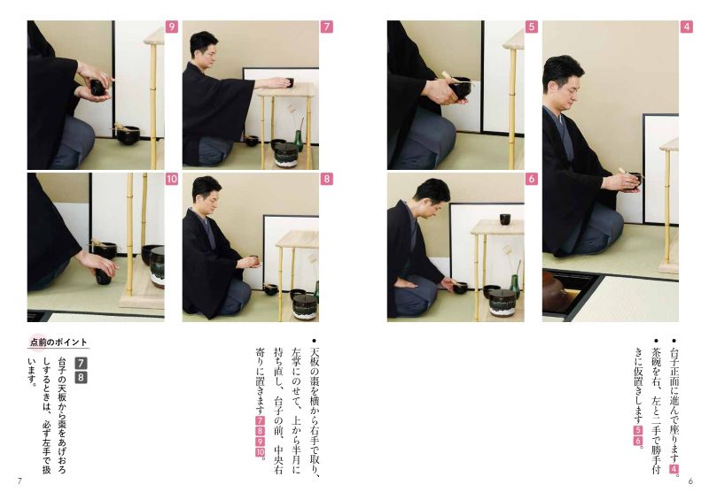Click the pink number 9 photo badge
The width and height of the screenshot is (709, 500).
click(x=171, y=27)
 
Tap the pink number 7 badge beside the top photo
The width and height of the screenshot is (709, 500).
click(x=326, y=27)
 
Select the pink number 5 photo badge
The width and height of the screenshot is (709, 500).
click(x=531, y=27)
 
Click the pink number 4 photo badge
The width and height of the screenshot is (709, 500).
click(x=686, y=27)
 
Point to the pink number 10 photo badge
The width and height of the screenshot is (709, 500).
click(x=171, y=179)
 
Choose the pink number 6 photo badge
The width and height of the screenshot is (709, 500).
click(x=531, y=179)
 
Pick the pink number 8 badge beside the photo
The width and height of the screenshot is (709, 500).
click(x=326, y=179)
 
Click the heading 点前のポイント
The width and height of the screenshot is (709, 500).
click(x=58, y=342)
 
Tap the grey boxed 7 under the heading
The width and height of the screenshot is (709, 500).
click(x=81, y=363)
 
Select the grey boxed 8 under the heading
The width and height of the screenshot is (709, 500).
click(x=81, y=377)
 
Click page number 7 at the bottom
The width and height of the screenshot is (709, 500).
click(x=19, y=481)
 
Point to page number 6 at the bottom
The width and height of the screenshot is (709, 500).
click(x=690, y=481)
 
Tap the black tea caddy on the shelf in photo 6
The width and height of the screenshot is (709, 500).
click(x=505, y=219)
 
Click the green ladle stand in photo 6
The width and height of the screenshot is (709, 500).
click(x=515, y=283)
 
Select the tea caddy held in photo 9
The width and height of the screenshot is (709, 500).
click(x=98, y=88)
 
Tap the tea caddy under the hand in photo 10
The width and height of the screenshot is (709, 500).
click(x=103, y=275)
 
